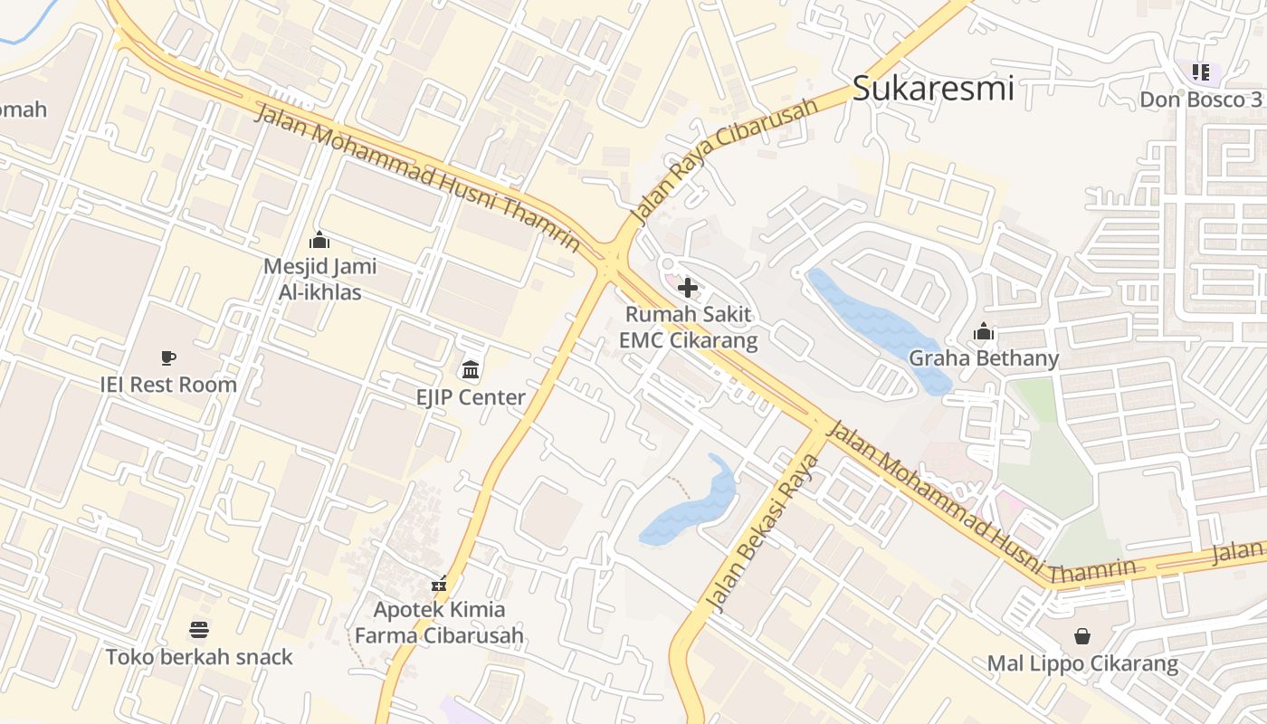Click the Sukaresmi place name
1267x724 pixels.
[x=933, y=89]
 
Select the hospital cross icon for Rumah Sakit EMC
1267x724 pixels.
[x=688, y=289]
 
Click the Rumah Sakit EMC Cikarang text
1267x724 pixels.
[x=688, y=328]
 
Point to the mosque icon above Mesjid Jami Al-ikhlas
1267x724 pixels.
[x=319, y=241]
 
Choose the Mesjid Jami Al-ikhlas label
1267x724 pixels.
[x=319, y=279]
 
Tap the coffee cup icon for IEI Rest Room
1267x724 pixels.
[x=168, y=357]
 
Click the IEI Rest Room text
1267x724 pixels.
[x=168, y=384]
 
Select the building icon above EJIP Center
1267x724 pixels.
[x=471, y=369]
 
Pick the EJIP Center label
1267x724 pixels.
[x=471, y=397]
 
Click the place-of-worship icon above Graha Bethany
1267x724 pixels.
[x=984, y=332]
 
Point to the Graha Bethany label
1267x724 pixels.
[x=984, y=358]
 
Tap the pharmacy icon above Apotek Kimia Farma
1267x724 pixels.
[x=439, y=584]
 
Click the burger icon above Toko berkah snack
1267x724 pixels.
[x=199, y=629]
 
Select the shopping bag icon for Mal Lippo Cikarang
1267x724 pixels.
[x=1082, y=636]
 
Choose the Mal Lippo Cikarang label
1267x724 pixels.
[x=1082, y=663]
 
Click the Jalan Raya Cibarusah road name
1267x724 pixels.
[x=724, y=161]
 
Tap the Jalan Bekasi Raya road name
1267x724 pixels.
[x=762, y=534]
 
